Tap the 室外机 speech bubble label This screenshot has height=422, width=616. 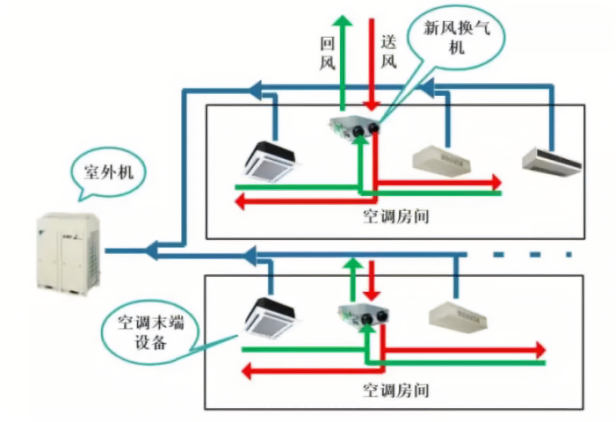point(108,173)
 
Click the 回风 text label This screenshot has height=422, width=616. point(328,53)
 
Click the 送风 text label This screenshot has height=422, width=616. point(388,53)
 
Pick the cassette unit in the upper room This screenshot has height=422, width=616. point(269,160)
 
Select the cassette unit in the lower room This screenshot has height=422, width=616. point(269,317)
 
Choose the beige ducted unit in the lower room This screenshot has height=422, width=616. point(457,315)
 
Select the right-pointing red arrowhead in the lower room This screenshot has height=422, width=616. point(539,350)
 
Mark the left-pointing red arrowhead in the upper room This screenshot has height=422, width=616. point(241,201)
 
